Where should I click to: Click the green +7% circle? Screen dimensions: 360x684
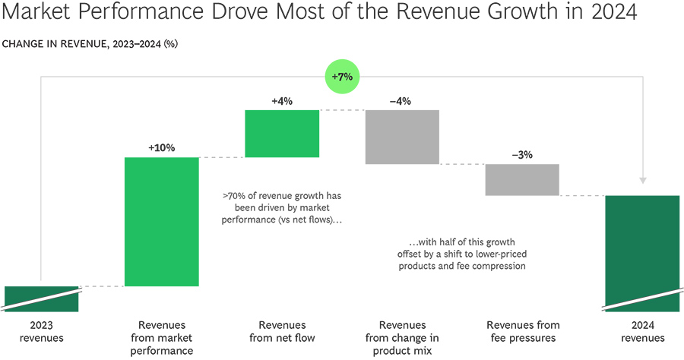(342, 77)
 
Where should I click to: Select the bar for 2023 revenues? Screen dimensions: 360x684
(41, 298)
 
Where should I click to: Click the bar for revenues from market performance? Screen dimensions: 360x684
(161, 222)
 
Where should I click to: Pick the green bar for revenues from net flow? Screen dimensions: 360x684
(282, 134)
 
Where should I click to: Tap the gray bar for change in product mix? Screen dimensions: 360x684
(402, 137)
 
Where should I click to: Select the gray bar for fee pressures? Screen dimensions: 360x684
(522, 180)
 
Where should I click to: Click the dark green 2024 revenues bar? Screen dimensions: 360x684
(642, 253)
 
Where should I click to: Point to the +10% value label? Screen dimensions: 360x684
(161, 147)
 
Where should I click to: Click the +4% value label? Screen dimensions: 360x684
(282, 100)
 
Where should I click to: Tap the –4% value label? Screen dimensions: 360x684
(402, 100)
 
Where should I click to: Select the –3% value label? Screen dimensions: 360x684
(522, 154)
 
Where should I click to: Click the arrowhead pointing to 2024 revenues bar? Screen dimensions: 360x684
(642, 180)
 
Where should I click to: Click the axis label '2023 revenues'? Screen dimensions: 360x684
(41, 332)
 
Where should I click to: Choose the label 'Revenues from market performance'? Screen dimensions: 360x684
(161, 338)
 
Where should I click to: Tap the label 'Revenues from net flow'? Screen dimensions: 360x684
(282, 332)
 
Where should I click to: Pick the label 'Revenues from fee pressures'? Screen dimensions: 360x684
(522, 332)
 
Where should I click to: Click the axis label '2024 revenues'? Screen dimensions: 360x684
(642, 332)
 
